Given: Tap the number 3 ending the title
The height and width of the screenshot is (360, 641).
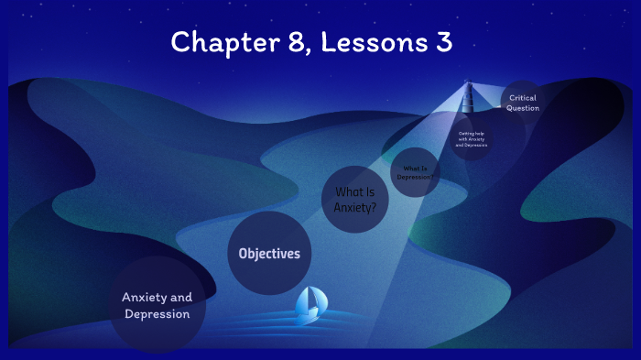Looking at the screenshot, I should point(444,41).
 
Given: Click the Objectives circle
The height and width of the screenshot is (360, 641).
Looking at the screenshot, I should point(269,254).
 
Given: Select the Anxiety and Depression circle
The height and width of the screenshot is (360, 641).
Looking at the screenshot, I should point(157,305).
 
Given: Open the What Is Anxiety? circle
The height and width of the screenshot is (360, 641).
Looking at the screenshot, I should point(356,200).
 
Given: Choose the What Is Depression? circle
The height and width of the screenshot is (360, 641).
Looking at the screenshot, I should point(415,172).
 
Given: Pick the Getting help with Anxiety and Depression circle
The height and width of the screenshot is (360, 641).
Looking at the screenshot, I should point(472,138).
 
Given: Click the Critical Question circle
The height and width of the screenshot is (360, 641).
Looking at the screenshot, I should point(523,103).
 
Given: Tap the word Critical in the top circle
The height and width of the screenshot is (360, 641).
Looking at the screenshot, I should point(523,97).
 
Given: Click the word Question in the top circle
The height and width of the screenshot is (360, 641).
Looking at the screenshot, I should point(523,108).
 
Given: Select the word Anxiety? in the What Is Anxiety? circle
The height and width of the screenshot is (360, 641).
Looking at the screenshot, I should point(355,207).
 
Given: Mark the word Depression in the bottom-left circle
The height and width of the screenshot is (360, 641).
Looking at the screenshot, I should point(157,314).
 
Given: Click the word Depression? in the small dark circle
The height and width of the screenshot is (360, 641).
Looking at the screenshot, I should point(416,176).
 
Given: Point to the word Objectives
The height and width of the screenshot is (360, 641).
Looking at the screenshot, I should point(269,254).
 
